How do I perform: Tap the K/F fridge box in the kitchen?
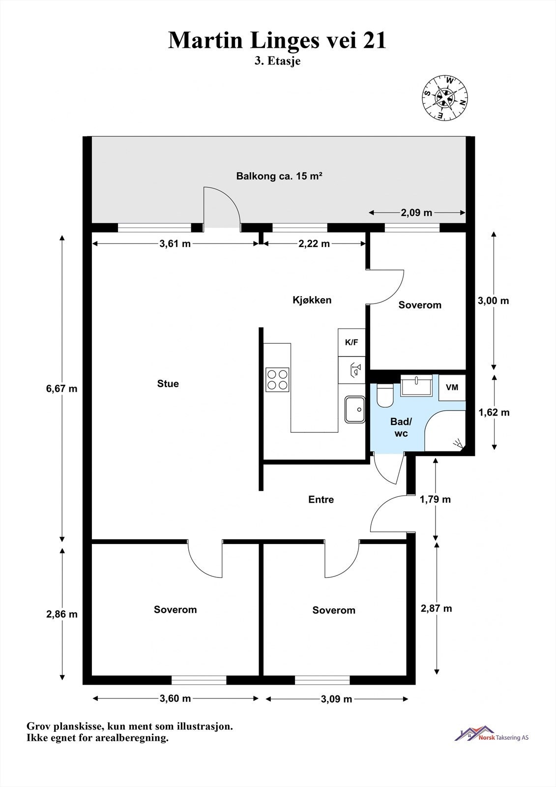351,342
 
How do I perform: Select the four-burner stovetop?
277,379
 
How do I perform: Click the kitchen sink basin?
355,409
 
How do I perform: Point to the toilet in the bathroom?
384,395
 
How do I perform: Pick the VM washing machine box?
452,387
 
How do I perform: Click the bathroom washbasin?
416,385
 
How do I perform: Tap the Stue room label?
168,384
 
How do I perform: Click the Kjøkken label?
312,300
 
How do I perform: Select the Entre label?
321,499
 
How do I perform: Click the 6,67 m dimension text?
61,389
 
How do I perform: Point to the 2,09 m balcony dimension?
416,212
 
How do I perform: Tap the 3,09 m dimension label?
336,699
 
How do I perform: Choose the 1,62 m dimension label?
494,413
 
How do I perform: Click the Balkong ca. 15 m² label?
279,176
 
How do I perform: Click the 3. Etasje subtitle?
277,61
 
